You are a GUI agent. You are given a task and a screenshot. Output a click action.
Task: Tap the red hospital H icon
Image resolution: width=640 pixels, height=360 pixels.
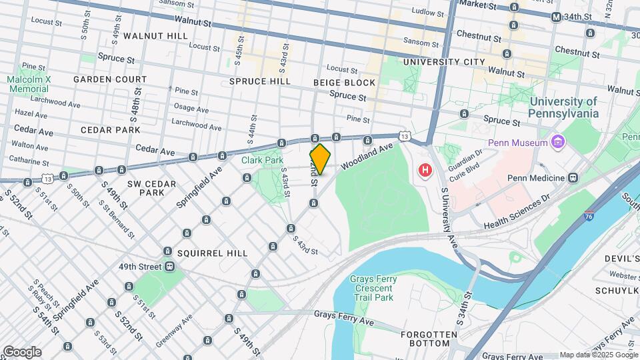click(x=424, y=171)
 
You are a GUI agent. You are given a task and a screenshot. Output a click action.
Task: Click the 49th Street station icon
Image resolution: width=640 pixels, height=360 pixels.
click(x=170, y=267)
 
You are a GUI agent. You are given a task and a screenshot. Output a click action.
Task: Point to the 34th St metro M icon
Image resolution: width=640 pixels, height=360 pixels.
click(x=556, y=17)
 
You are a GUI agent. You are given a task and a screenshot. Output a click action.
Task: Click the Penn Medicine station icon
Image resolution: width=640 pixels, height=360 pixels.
click(x=572, y=178)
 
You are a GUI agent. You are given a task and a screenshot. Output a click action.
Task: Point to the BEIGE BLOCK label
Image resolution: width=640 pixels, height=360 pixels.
click(x=344, y=83)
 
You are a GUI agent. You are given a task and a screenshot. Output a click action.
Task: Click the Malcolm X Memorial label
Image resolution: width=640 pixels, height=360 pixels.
click(x=29, y=83)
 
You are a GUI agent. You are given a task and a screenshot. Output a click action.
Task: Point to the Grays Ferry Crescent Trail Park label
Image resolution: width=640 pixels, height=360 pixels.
click(x=374, y=289)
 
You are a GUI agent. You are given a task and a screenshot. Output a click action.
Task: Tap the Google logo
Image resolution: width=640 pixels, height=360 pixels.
click(x=22, y=352)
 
